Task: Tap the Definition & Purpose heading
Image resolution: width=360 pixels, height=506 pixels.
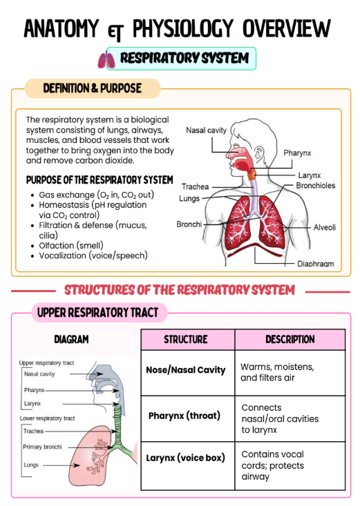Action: (93, 88)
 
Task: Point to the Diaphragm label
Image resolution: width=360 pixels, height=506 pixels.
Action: (315, 264)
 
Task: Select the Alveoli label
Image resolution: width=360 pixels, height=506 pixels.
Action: (325, 227)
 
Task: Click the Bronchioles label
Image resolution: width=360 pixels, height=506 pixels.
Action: (315, 186)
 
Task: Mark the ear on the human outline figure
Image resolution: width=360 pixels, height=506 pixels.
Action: (259, 153)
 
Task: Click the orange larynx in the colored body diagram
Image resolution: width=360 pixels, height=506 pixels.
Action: (252, 175)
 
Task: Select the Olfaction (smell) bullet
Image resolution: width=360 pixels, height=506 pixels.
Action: (71, 246)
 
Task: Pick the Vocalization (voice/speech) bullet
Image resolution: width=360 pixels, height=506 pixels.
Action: (93, 255)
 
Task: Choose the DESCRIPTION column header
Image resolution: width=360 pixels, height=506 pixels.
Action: (290, 340)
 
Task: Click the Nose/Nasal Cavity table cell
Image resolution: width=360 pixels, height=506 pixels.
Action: (188, 373)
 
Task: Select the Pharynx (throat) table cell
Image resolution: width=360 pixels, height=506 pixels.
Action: (188, 418)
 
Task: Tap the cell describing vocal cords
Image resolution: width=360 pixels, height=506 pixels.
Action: (290, 466)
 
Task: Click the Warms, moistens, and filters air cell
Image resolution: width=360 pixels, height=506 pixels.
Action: (290, 373)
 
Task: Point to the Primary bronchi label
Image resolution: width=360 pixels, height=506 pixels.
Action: (42, 447)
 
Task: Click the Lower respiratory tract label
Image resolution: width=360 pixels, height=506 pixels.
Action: (47, 418)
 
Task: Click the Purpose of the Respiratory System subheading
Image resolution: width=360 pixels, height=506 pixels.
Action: (100, 179)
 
